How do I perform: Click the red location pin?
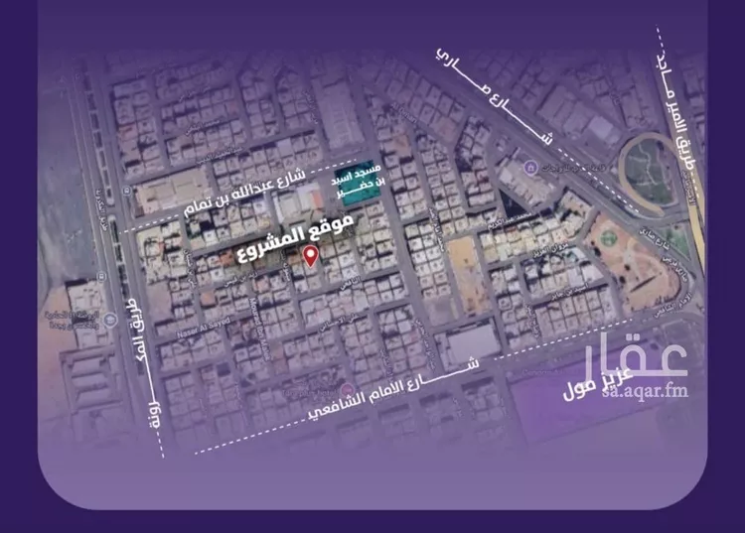310,258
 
